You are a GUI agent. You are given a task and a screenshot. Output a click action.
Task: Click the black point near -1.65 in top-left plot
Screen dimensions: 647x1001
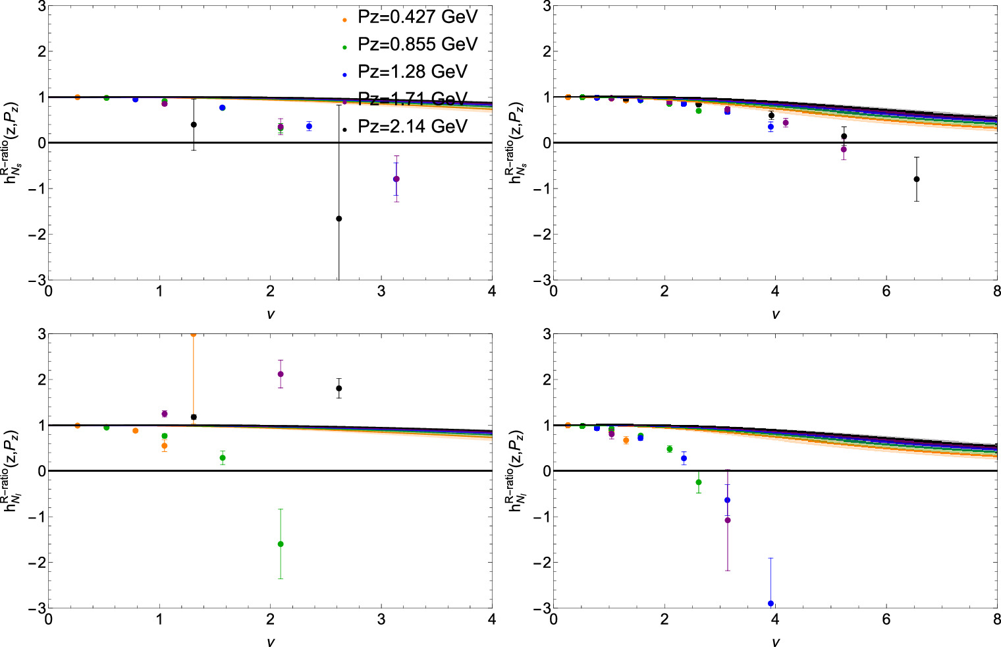click(x=339, y=219)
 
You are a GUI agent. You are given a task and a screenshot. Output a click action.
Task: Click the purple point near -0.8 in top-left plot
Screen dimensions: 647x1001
click(x=396, y=179)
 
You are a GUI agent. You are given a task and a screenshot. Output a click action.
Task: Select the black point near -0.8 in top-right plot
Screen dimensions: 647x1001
click(x=916, y=179)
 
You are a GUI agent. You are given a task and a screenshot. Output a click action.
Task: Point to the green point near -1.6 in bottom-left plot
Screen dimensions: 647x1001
click(x=281, y=544)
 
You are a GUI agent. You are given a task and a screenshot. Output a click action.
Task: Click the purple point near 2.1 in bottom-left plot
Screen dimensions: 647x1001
click(x=281, y=374)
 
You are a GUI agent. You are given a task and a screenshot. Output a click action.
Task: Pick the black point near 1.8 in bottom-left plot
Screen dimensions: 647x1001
click(x=339, y=388)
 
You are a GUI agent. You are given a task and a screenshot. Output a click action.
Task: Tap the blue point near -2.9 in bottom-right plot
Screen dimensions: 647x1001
click(x=771, y=604)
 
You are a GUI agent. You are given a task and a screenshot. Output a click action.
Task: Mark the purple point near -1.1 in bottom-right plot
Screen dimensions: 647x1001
click(x=728, y=520)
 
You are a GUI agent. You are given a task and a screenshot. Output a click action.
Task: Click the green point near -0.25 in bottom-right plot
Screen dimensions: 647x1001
click(x=699, y=482)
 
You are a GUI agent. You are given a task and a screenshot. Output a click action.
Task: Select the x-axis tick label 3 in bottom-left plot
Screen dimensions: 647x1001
click(x=381, y=619)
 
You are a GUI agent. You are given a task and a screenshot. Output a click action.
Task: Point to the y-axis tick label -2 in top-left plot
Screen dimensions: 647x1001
click(x=33, y=235)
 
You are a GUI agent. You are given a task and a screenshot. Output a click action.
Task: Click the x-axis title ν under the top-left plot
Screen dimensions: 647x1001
click(x=270, y=314)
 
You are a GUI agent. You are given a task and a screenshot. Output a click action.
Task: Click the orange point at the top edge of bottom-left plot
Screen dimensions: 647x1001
click(x=193, y=334)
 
